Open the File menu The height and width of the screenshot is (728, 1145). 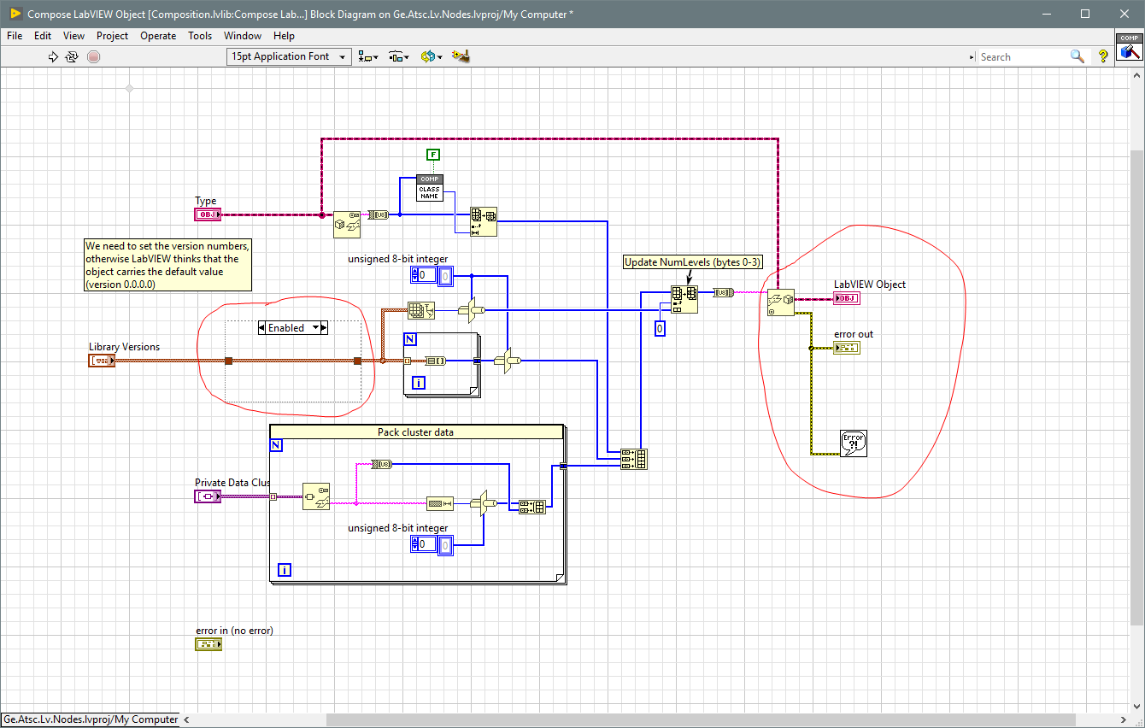pos(15,36)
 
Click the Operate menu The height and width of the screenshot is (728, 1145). pos(158,36)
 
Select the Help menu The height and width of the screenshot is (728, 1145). pos(284,36)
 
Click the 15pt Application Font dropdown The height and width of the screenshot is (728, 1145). pos(289,56)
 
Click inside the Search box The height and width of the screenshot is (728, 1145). pos(1021,56)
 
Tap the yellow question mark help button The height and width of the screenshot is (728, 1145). pos(1103,56)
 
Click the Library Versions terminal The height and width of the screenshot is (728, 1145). pos(102,361)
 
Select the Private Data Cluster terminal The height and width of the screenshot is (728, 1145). pos(208,496)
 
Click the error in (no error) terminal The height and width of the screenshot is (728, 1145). pos(208,644)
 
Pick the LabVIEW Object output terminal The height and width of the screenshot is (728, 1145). pos(847,298)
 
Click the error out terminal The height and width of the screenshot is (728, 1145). pos(847,348)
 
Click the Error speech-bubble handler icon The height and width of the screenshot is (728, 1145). pos(854,443)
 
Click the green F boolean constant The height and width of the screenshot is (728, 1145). pos(434,155)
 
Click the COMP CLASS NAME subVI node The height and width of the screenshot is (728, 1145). pos(430,188)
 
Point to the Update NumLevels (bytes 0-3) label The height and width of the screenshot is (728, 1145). pos(692,262)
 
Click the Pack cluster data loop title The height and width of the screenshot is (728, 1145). pos(416,432)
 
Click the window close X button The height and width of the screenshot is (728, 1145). pos(1124,14)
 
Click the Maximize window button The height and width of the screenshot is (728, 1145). pos(1085,14)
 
